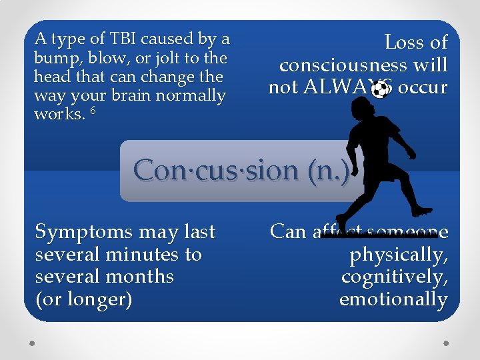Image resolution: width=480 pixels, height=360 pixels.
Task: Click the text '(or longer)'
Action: pyautogui.click(x=83, y=299)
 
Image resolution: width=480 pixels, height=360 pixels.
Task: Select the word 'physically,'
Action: pyautogui.click(x=399, y=254)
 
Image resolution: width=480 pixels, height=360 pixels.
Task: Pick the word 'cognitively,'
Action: pyautogui.click(x=394, y=277)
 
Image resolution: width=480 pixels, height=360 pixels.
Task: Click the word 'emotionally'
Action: pyautogui.click(x=393, y=299)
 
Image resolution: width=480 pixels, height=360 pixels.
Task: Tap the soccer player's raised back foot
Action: pyautogui.click(x=421, y=211)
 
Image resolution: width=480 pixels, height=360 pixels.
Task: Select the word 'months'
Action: pyautogui.click(x=142, y=277)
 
